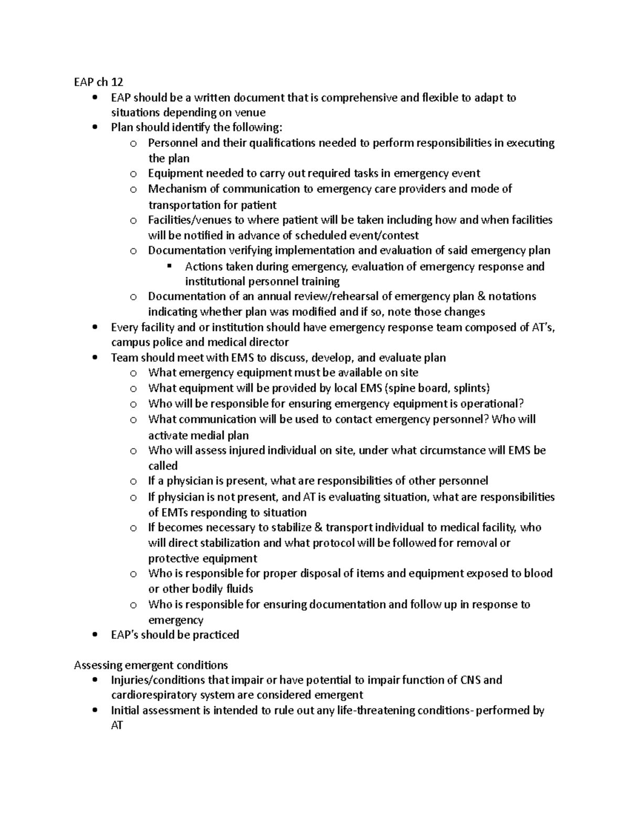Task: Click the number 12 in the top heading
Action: tap(117, 82)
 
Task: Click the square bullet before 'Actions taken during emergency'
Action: tap(169, 266)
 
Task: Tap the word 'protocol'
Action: tap(333, 543)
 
